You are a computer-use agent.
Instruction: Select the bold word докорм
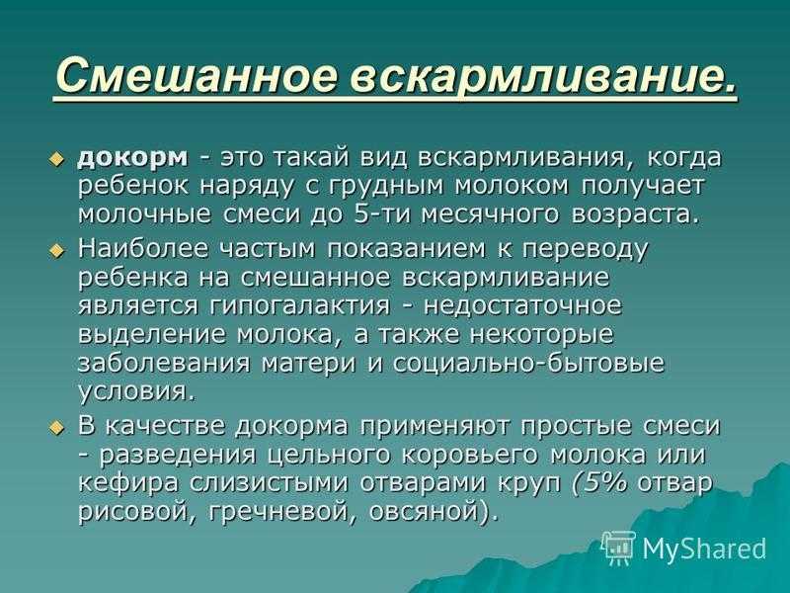point(133,158)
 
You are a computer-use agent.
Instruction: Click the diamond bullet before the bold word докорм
point(57,159)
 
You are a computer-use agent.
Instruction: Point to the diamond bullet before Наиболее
point(57,251)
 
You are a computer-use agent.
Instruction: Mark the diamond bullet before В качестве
point(57,428)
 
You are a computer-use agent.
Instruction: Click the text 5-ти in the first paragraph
point(383,214)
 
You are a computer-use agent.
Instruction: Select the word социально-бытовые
point(528,364)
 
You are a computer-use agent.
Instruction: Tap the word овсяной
point(429,512)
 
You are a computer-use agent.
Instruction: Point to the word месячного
point(490,215)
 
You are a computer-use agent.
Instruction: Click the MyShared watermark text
point(704,549)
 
